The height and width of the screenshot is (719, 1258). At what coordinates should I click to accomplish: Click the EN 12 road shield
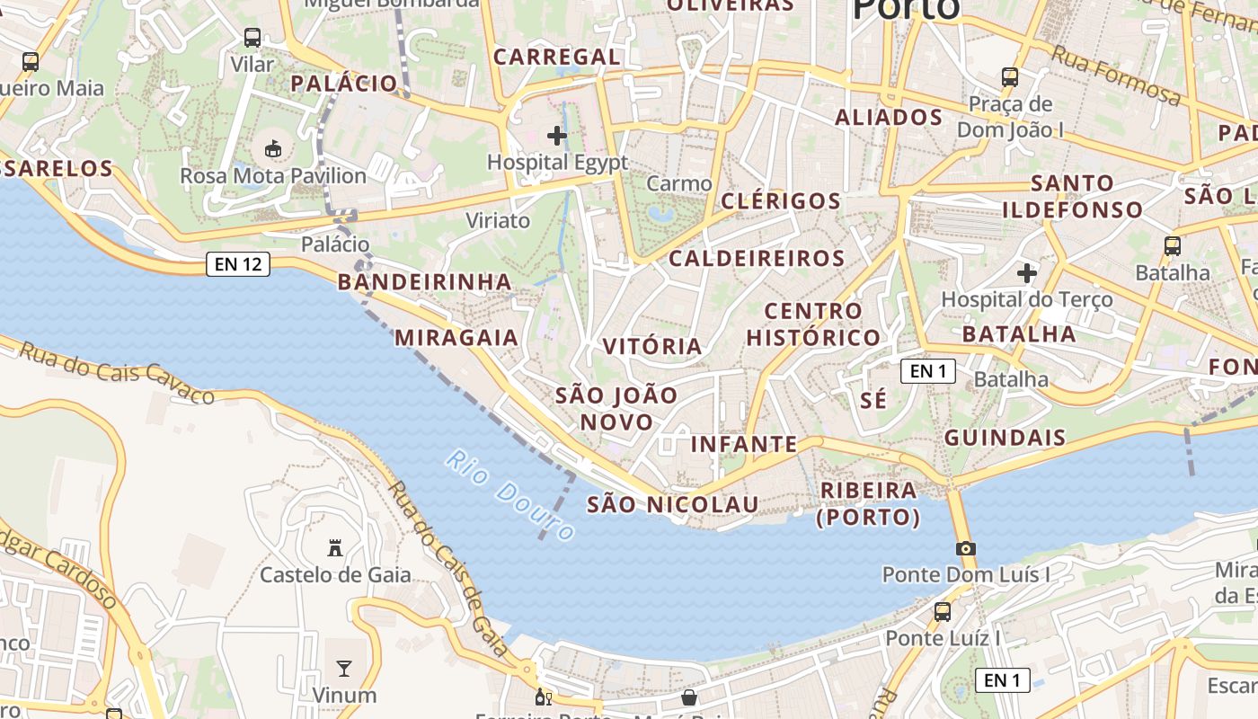click(238, 264)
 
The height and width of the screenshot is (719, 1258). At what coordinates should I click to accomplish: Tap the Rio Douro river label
click(509, 495)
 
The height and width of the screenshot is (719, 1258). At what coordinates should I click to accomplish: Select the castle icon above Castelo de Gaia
click(335, 547)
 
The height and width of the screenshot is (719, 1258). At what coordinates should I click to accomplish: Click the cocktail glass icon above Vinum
click(344, 668)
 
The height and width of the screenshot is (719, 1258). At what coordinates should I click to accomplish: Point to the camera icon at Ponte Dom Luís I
click(965, 548)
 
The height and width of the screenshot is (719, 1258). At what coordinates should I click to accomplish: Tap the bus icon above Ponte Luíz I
click(942, 612)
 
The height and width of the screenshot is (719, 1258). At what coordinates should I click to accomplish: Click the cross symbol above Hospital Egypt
click(557, 136)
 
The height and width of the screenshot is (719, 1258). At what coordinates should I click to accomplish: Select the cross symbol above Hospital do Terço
click(1026, 272)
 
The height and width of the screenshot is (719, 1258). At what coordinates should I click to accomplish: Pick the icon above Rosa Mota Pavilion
click(273, 148)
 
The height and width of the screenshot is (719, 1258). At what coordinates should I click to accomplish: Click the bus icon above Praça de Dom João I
click(1010, 77)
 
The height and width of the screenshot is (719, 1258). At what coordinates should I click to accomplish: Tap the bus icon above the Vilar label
click(252, 38)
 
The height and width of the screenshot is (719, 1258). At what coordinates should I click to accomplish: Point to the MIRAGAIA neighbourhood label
click(456, 338)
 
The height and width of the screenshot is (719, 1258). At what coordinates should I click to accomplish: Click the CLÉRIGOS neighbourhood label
click(781, 200)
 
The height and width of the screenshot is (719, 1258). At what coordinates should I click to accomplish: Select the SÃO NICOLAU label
click(673, 504)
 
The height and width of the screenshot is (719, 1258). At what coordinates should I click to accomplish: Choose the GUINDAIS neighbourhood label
click(1005, 439)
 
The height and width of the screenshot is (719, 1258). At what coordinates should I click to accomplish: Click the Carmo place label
click(679, 184)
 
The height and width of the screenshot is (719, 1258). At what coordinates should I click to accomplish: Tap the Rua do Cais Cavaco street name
click(117, 371)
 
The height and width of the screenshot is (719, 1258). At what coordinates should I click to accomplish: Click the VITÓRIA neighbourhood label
click(652, 346)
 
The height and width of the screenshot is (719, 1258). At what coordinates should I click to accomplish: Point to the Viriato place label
click(498, 220)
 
